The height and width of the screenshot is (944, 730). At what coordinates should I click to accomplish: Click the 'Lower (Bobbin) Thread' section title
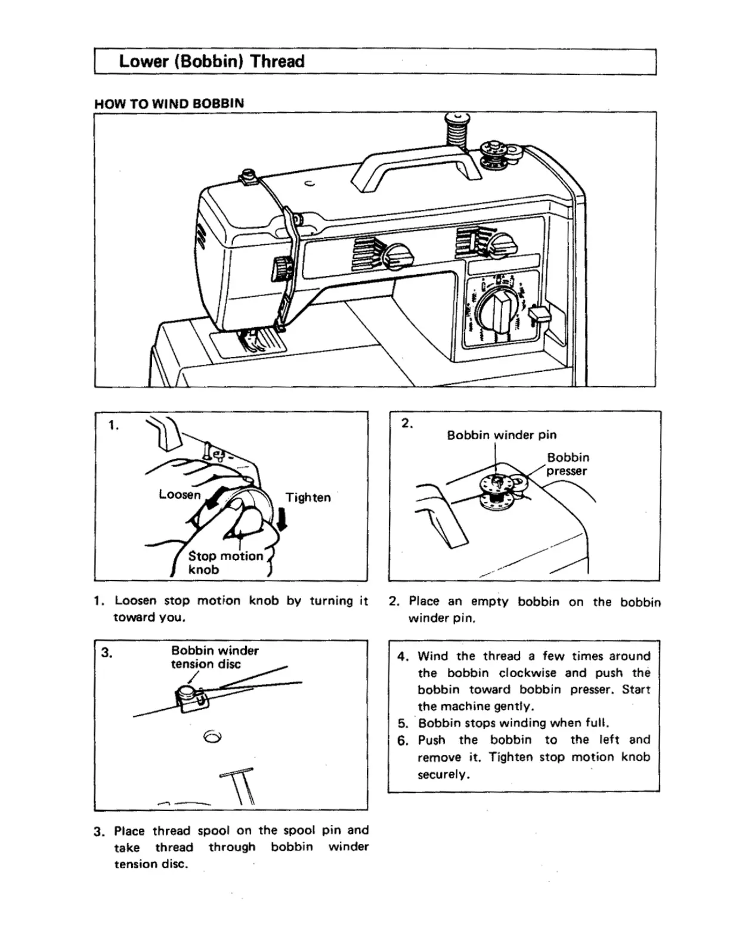(212, 61)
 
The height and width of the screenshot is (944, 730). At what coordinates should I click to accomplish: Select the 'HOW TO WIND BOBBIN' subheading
(169, 103)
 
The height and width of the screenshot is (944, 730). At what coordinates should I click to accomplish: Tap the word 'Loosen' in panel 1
(180, 494)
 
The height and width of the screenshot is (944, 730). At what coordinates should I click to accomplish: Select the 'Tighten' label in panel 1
(308, 497)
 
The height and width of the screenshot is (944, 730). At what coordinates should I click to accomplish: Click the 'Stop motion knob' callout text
(224, 562)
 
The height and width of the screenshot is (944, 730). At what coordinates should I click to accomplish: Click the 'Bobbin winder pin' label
(502, 435)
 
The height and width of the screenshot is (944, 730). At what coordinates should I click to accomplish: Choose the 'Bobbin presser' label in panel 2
(568, 464)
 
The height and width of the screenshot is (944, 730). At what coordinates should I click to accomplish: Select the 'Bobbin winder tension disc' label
(215, 657)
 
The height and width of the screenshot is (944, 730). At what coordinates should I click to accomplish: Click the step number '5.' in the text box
(403, 723)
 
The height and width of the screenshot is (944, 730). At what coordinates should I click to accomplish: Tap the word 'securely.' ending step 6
(444, 775)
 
